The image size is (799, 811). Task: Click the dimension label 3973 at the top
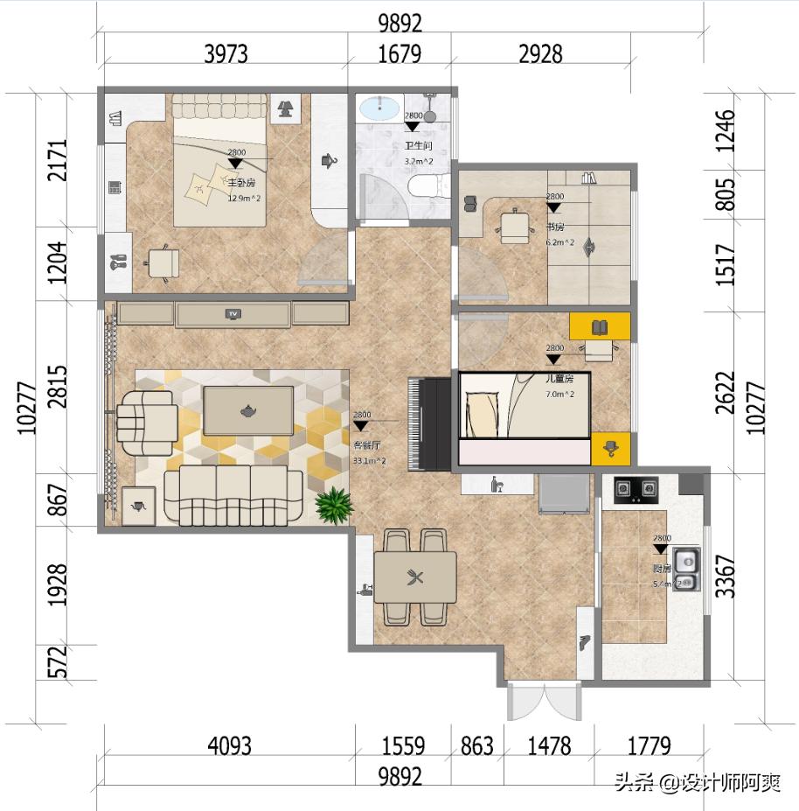[x=226, y=53]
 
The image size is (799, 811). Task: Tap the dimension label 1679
[x=399, y=53]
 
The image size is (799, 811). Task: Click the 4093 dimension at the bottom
[x=229, y=746]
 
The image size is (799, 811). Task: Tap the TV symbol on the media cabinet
[x=233, y=313]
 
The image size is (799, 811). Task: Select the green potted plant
[x=333, y=506]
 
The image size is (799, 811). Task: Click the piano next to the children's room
[x=429, y=424]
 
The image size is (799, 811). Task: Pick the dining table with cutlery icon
[x=415, y=577]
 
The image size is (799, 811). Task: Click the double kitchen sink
[x=686, y=569]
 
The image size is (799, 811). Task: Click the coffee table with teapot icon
[x=248, y=410]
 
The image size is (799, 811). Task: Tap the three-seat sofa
[x=233, y=495]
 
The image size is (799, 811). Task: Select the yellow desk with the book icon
[x=600, y=327]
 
